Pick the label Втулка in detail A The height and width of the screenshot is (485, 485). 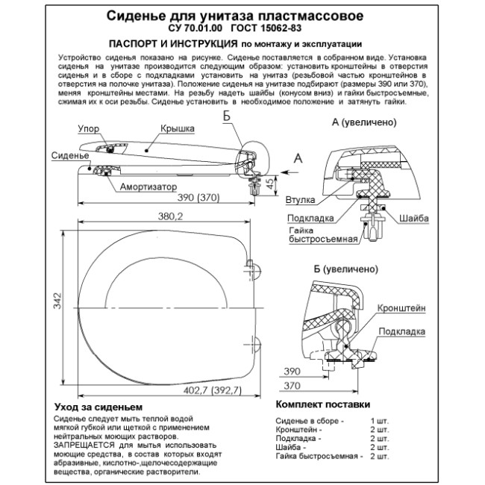(300, 200)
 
